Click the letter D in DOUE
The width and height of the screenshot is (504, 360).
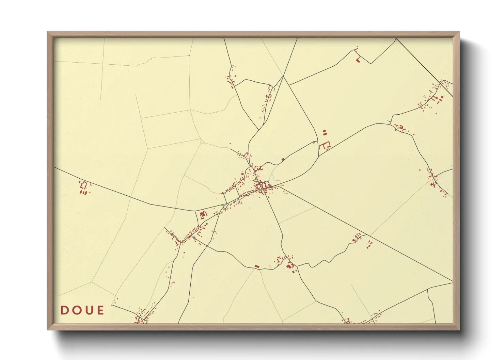click(x=64, y=310)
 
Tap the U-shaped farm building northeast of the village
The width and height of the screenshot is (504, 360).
click(x=325, y=146)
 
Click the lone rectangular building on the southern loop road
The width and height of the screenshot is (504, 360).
click(x=257, y=266)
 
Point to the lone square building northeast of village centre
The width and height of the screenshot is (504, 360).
click(x=283, y=159)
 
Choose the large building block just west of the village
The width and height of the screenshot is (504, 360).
click(x=203, y=215)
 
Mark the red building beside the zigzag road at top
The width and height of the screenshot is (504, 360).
click(x=358, y=60)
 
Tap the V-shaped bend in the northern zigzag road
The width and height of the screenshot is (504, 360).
click(x=371, y=63)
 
